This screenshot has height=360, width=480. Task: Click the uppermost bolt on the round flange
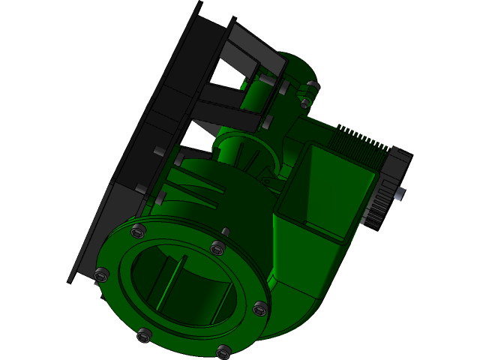pos(136,229)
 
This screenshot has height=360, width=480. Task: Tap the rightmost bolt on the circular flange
pos(259,307)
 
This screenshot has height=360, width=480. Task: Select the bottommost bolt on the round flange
pos(223,350)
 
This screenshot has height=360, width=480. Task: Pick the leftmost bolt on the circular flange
pos(103,274)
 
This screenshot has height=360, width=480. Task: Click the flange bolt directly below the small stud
pos(217,247)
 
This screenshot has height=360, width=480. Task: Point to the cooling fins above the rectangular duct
pos(358,139)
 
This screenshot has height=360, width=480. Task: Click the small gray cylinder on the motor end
pos(399,194)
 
